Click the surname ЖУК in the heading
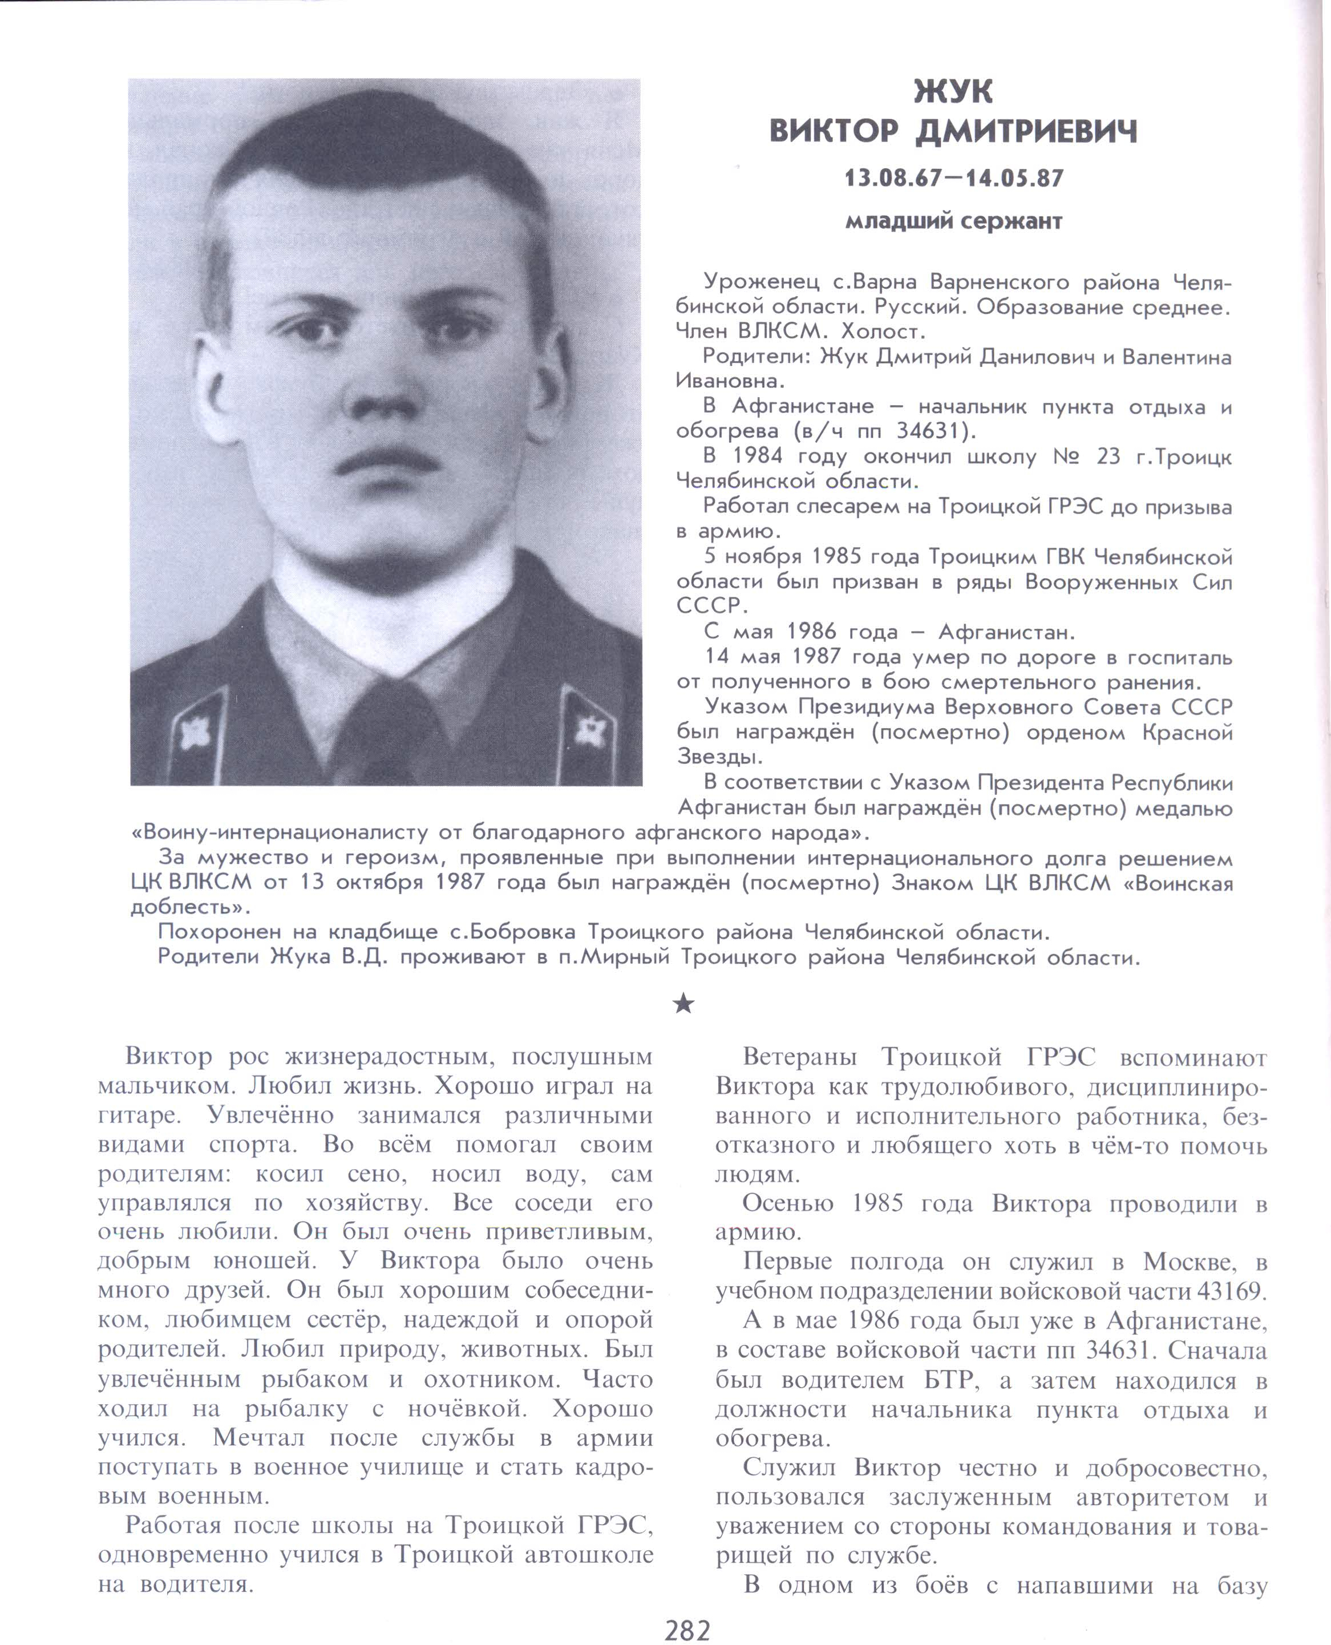tap(953, 92)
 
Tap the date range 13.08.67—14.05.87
tap(954, 179)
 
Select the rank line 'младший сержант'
tap(954, 221)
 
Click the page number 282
tap(687, 1629)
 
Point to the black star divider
tap(683, 1003)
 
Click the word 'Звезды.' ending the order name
tap(719, 758)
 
